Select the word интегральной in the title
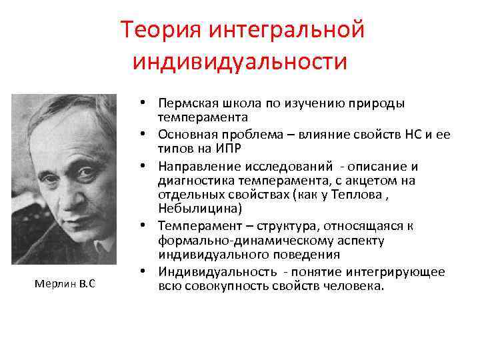[287, 30]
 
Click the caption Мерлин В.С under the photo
[65, 284]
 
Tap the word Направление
[193, 166]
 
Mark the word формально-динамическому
[225, 241]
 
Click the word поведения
[307, 254]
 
